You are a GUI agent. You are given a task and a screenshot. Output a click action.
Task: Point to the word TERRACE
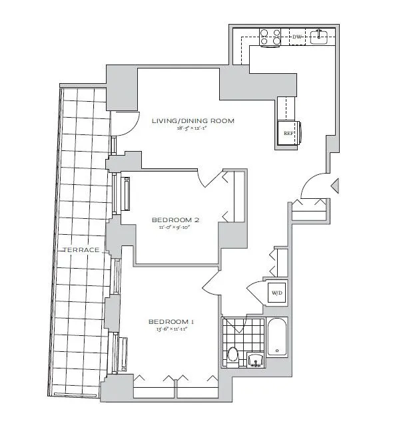[81, 249]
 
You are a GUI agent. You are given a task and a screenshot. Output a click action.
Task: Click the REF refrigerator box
[289, 133]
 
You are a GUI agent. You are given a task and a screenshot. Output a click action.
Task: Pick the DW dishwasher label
[296, 37]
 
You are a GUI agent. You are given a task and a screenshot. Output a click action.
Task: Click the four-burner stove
[270, 36]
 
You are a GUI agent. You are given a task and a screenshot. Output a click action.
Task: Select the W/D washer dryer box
[275, 291]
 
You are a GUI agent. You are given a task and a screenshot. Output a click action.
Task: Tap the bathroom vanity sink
[254, 360]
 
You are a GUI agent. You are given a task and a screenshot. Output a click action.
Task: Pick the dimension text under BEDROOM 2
[175, 227]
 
